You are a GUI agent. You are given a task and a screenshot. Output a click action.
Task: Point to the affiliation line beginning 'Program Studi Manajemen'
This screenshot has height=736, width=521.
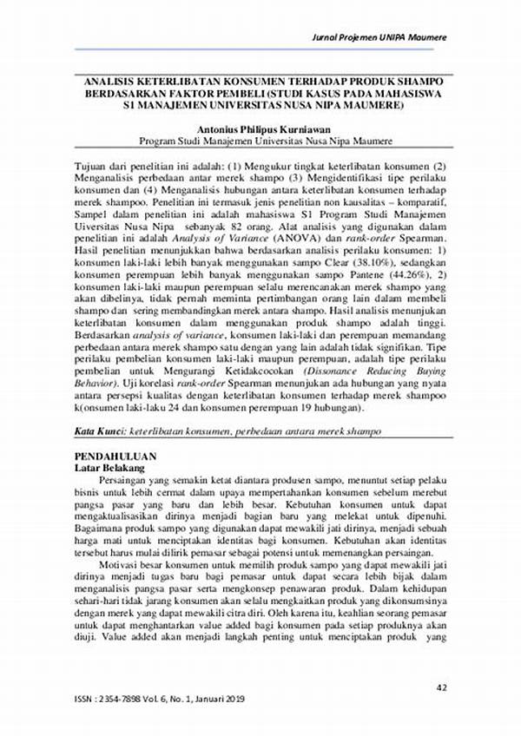pos(265,139)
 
